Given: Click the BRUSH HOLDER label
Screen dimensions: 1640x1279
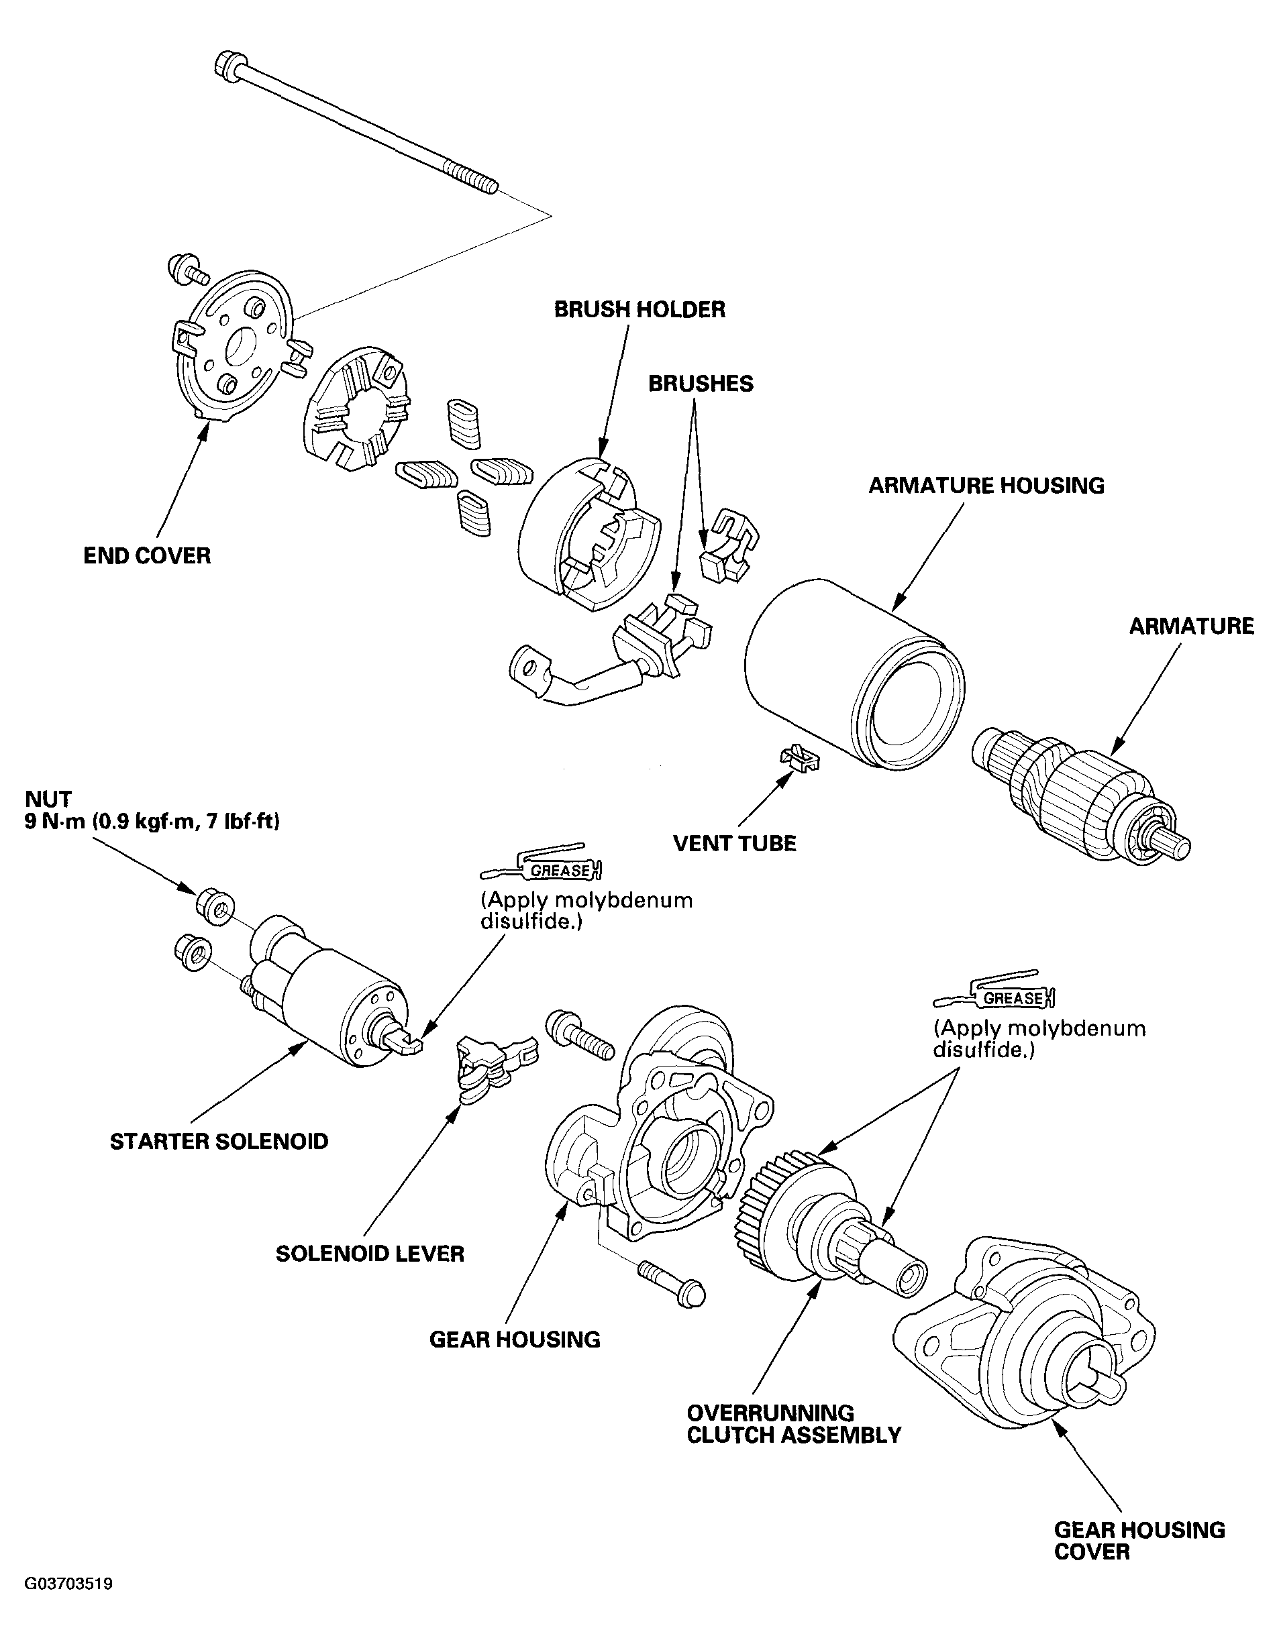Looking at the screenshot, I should (x=639, y=309).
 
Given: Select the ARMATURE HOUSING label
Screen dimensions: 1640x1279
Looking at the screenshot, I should (x=986, y=486).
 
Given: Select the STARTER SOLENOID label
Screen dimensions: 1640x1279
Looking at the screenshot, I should (x=219, y=1142).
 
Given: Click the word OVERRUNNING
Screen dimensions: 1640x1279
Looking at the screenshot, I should (x=770, y=1413).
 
